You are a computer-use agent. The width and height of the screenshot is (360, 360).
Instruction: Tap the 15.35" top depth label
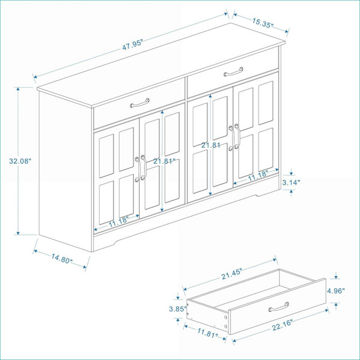(263, 23)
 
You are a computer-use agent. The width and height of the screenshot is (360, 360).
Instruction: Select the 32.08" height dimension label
(20, 161)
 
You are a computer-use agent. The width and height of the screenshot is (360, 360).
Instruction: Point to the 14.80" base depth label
(62, 258)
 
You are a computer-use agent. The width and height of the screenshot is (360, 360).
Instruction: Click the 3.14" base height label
(291, 182)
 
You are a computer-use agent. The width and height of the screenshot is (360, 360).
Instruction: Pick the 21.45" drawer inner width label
(232, 274)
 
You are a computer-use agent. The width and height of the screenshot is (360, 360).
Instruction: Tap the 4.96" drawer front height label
(336, 291)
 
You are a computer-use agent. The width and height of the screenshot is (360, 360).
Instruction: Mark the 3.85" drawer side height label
(178, 309)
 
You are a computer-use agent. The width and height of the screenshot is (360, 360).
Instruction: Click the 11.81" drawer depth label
(208, 332)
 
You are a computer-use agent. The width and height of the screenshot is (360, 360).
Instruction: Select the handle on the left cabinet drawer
(140, 103)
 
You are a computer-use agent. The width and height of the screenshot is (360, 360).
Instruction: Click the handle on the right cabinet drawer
(233, 71)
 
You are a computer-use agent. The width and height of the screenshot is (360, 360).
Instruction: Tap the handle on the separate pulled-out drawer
(278, 307)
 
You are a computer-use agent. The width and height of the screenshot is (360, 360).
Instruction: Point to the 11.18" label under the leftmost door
(118, 221)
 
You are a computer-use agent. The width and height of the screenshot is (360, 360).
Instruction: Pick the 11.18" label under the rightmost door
(258, 175)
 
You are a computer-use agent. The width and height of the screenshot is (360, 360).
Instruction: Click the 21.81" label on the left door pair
(164, 161)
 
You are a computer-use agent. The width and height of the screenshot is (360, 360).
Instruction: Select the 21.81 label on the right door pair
(211, 145)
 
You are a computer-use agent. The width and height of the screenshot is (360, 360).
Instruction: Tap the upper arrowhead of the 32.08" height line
(18, 89)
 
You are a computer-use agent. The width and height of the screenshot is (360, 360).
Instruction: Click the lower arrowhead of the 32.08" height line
(18, 233)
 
